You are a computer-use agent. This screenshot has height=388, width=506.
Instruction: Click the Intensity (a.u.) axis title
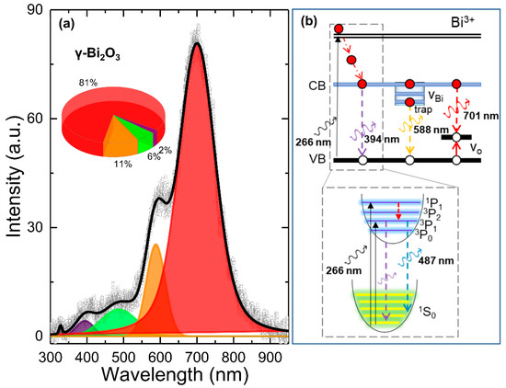coord(12,175)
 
